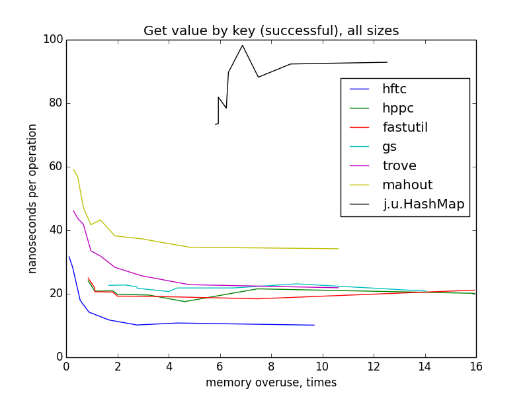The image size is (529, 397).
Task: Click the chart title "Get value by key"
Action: tap(271, 31)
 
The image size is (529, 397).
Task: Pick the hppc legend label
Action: tap(398, 108)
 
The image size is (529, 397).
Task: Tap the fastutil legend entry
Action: tap(405, 127)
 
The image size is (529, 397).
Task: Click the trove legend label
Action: tap(399, 165)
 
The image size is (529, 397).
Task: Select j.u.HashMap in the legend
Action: tap(424, 204)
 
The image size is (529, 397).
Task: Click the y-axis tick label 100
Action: tap(54, 40)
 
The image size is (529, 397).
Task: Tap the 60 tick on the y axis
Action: tap(56, 167)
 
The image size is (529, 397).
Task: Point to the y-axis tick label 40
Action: tap(56, 230)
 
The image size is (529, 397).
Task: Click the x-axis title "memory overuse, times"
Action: tap(271, 383)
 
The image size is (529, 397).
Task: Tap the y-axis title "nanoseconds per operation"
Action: tap(32, 198)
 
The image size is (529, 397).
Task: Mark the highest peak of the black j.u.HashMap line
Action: tap(243, 45)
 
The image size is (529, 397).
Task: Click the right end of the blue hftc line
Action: tap(314, 325)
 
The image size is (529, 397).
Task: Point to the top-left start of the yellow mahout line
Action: tap(73, 169)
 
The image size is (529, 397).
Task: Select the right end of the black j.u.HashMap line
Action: tap(387, 62)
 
